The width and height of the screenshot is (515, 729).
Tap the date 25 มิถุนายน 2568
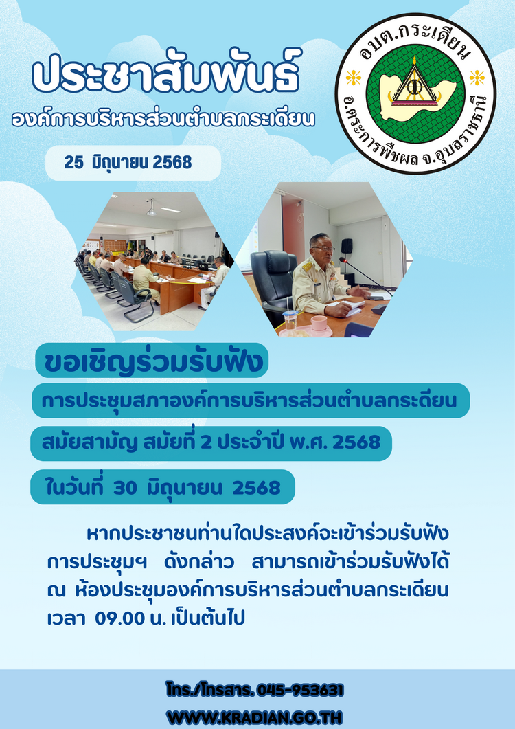[x=128, y=163]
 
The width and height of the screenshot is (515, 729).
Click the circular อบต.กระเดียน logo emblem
[x=415, y=93]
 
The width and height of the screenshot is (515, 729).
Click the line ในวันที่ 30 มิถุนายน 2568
[x=163, y=487]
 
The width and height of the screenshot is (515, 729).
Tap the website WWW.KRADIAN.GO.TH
[x=254, y=717]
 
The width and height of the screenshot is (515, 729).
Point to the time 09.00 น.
[x=130, y=618]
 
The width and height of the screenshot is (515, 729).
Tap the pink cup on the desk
[x=319, y=323]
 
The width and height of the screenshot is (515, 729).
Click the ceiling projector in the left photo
[x=150, y=209]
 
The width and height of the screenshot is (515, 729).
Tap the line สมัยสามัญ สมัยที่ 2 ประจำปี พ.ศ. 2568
[x=211, y=442]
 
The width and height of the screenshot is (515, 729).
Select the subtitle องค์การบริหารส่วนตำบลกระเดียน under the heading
[x=163, y=119]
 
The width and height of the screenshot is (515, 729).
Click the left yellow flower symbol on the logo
[x=354, y=78]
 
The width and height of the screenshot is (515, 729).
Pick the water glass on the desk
[x=290, y=321]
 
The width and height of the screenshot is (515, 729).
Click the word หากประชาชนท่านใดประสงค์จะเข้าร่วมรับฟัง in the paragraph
[x=267, y=534]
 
